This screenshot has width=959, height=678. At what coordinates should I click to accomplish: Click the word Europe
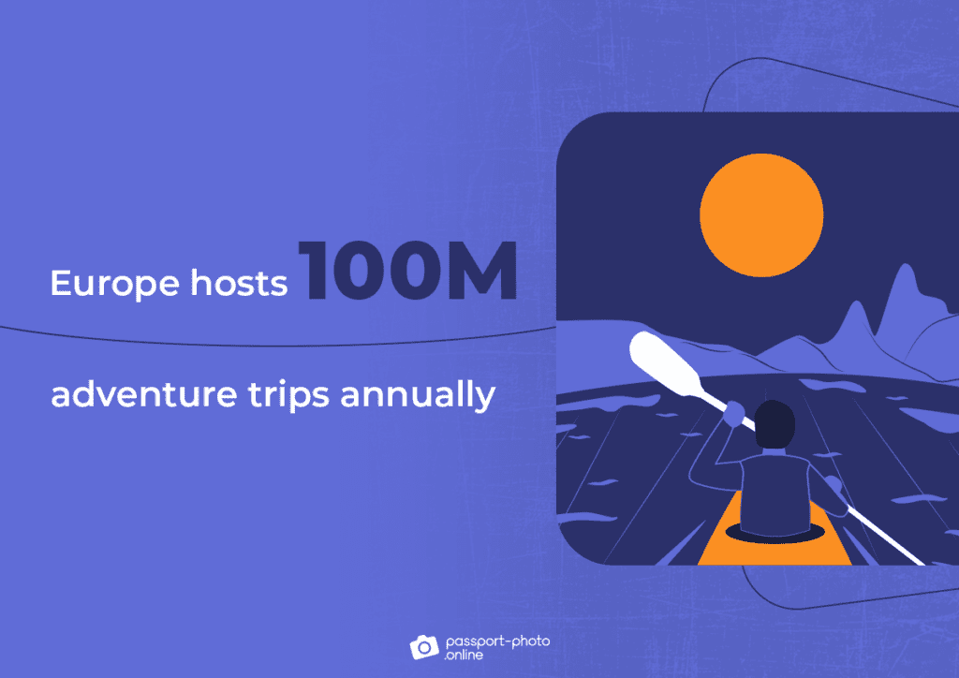pos(108,284)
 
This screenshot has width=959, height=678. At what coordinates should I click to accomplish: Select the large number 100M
pos(408,271)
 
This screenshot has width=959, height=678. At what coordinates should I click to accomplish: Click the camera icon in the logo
pos(423,645)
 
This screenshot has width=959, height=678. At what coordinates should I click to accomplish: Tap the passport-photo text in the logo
pos(497,640)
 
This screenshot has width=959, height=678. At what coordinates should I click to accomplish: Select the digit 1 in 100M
pos(314,271)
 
